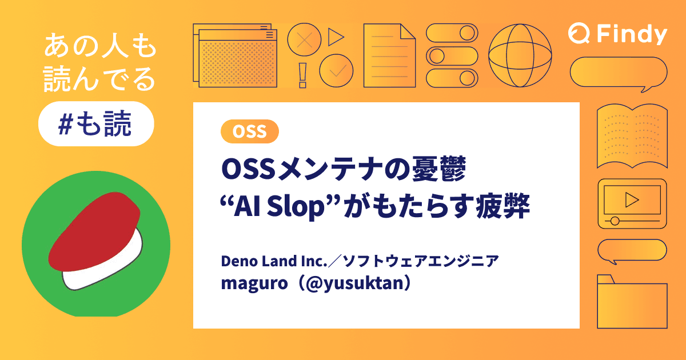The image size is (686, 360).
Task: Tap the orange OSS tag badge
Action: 249,131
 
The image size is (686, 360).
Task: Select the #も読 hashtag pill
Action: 96,123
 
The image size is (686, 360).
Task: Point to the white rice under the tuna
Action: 109,269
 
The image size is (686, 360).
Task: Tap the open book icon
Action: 632,136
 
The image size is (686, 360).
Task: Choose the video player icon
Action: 632,203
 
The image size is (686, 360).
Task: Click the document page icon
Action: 389,55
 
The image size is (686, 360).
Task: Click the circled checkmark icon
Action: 336,71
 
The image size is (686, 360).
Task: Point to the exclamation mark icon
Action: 303,75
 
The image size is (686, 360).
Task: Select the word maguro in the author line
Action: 245,283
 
